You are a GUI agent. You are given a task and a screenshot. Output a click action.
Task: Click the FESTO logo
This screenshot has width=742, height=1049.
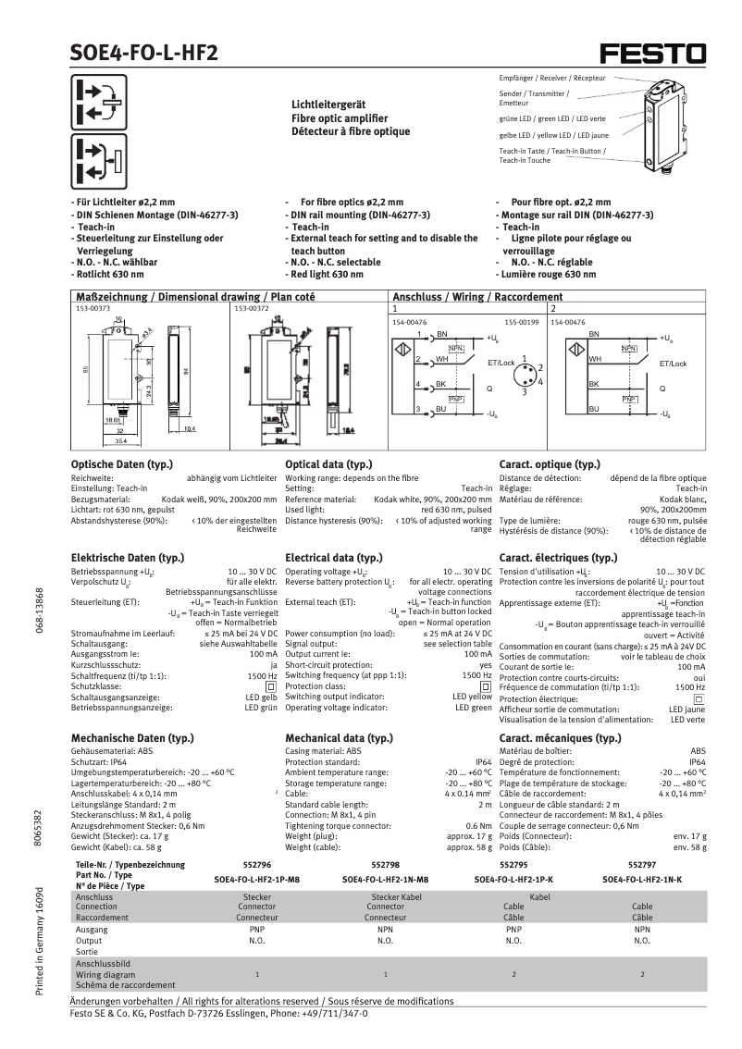click(x=652, y=53)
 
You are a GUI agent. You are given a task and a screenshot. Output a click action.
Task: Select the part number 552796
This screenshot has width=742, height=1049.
click(x=255, y=862)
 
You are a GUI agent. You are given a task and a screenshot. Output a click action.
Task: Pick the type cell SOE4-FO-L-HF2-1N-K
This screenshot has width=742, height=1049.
click(x=641, y=880)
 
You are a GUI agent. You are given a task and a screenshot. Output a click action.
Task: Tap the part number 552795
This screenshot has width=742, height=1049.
click(x=513, y=862)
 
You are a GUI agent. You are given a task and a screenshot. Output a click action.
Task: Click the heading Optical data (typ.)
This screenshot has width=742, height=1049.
click(x=328, y=463)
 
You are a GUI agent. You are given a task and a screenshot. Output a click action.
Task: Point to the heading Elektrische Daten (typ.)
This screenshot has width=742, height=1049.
click(x=127, y=558)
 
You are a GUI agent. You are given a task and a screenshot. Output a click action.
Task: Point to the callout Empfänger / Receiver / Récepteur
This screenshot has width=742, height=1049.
click(x=552, y=78)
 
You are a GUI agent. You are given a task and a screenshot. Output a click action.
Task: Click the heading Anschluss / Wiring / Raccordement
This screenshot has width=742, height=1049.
click(x=477, y=297)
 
